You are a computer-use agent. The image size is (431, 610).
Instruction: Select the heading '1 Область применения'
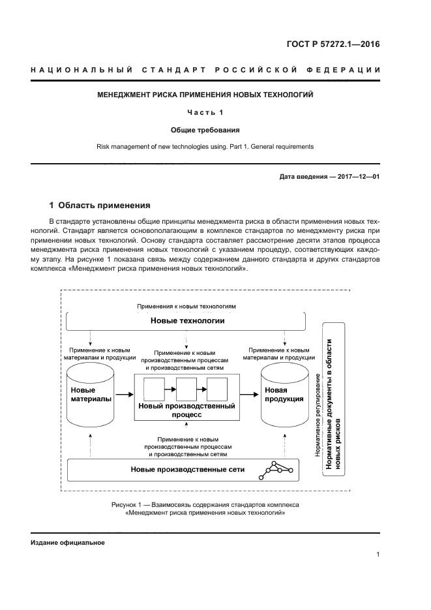(95, 205)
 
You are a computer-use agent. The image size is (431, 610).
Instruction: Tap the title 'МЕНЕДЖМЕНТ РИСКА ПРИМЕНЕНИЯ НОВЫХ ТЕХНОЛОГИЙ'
(205, 95)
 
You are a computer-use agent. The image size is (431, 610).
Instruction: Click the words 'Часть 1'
(205, 112)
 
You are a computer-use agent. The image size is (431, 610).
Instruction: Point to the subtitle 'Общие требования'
(205, 130)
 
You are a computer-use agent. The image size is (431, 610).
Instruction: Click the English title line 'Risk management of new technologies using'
(205, 147)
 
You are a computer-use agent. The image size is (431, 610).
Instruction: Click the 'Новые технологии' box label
(187, 320)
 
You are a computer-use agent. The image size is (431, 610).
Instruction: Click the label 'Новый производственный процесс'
(186, 410)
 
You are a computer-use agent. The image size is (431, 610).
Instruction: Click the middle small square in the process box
(186, 389)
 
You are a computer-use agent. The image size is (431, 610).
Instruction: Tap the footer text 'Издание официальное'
(67, 543)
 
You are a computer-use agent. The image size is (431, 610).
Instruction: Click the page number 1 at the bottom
(378, 555)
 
